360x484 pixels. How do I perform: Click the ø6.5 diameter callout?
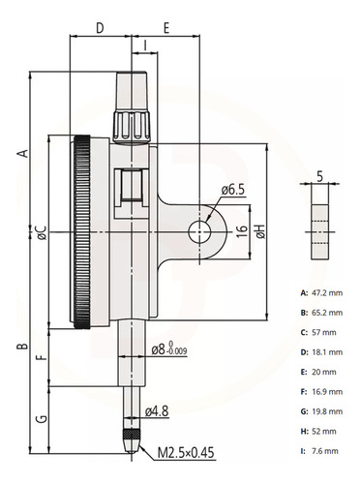[x=233, y=190]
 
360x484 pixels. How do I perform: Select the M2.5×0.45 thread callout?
[x=186, y=453]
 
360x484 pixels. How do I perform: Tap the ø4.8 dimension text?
[x=157, y=411]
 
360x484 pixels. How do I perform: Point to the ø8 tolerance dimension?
[x=169, y=349]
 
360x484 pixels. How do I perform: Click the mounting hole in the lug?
[x=199, y=232]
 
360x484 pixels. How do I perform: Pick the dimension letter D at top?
[x=101, y=28]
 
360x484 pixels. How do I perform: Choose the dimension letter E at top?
[x=166, y=28]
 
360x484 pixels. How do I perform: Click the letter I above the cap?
[x=145, y=45]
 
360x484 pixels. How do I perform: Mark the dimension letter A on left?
[x=23, y=154]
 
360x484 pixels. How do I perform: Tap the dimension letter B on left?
[x=22, y=347]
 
